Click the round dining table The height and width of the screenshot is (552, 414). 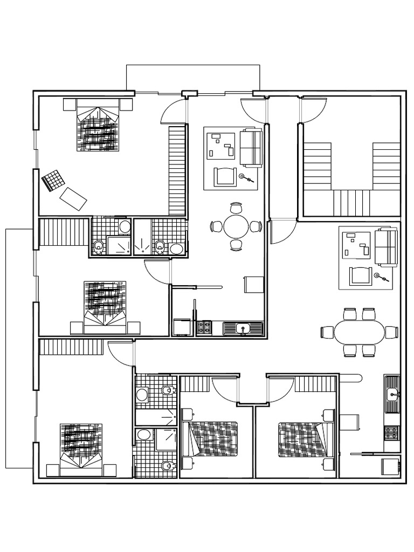pos(236,226)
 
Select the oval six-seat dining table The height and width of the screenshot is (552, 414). pos(360,332)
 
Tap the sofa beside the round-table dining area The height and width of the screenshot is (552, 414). pos(251,147)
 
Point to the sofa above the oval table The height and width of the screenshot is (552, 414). pos(387,246)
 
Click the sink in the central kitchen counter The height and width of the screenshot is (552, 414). pos(243,328)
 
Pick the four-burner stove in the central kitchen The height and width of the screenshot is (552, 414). pos(204,328)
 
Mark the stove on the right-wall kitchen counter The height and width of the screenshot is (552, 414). pos(392,432)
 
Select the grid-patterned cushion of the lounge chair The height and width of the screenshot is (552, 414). pos(52,180)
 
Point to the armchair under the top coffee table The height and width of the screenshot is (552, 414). pos(225,176)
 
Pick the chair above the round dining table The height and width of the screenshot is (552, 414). pos(236,208)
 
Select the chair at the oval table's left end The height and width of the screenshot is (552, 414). pos(327,332)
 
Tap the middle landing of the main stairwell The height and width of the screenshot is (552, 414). pos(351,203)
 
